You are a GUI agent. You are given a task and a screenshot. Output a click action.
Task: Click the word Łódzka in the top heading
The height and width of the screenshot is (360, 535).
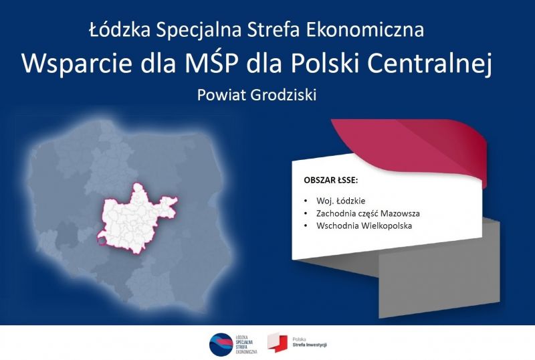[120, 29]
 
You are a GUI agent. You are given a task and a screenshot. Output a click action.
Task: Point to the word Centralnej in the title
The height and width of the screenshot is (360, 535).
[429, 64]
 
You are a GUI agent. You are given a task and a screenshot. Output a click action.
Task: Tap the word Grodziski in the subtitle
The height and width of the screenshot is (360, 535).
[283, 95]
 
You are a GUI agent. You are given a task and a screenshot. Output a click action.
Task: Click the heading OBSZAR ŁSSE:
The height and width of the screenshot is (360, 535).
[330, 180]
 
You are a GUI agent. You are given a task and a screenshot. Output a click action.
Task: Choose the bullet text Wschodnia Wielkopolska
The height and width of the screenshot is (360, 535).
[364, 226]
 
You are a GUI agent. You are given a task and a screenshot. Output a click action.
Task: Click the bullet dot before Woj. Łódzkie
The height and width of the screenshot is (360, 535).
[306, 201]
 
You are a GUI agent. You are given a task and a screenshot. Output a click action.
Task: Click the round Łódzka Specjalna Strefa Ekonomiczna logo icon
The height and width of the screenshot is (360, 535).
[221, 345]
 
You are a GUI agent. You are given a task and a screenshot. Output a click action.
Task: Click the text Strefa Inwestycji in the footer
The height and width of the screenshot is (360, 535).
[310, 345]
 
